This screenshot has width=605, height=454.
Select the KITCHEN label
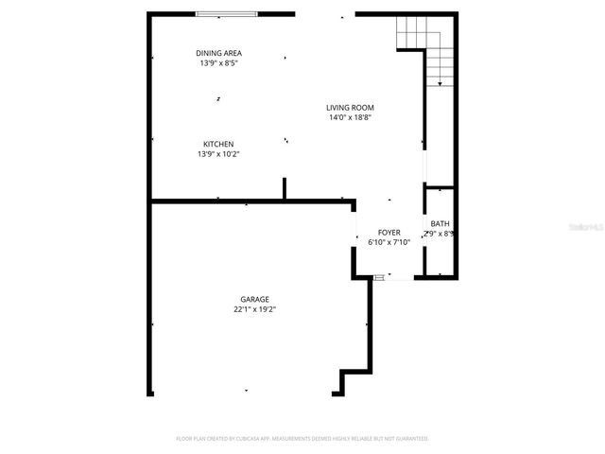tap(217, 144)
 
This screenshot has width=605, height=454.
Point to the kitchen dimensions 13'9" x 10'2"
tap(217, 154)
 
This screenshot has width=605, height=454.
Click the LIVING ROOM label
tap(350, 108)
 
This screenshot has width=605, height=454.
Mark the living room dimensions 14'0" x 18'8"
tap(350, 118)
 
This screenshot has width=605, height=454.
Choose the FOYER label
tap(389, 232)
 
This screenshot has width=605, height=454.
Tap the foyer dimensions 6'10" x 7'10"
tap(389, 242)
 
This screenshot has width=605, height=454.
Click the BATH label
tap(440, 223)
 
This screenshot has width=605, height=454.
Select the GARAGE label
tap(254, 298)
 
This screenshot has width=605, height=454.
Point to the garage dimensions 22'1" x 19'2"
tap(254, 309)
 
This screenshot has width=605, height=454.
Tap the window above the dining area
tap(226, 13)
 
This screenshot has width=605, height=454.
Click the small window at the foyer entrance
tap(379, 277)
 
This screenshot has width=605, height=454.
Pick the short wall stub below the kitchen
tap(284, 188)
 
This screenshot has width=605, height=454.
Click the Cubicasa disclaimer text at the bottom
tap(302, 439)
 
